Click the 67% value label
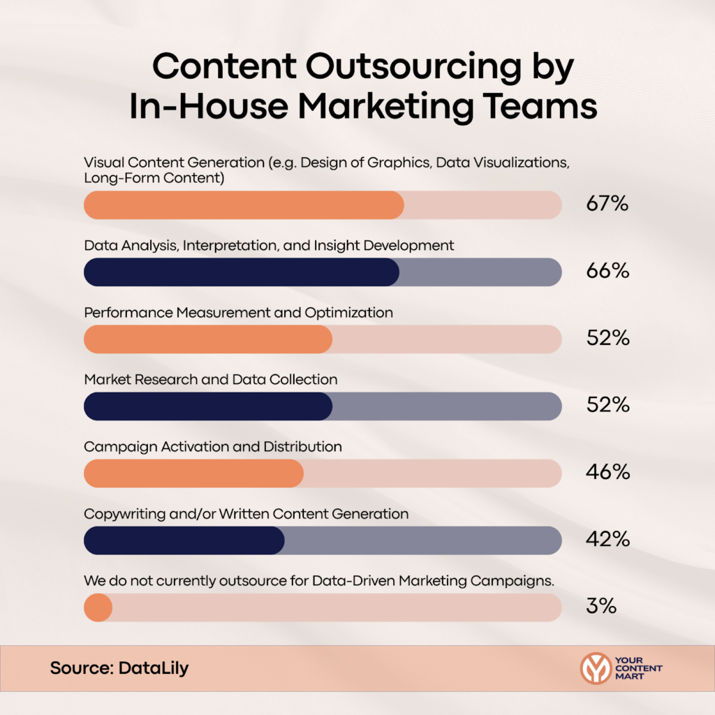pos(607,205)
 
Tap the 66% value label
pos(607,272)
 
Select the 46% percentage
pos(607,473)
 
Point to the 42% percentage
pos(607,540)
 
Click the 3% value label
pos(601,607)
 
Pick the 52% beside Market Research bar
pos(607,406)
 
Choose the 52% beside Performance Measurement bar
pos(607,339)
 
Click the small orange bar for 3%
pos(98,607)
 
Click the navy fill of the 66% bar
pos(241,272)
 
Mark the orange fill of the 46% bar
pos(193,473)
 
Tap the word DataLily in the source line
pos(154,668)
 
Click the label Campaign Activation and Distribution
pos(213,447)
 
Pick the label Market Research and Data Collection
pos(210,380)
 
